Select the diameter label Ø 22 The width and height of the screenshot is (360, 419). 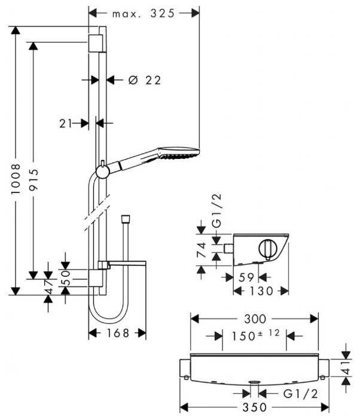pyautogui.click(x=145, y=80)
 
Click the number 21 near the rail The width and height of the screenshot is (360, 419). pyautogui.click(x=66, y=123)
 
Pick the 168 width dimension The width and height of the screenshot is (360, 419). pyautogui.click(x=117, y=334)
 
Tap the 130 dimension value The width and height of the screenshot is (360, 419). pyautogui.click(x=261, y=291)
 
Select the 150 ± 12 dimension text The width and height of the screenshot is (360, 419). pyautogui.click(x=252, y=336)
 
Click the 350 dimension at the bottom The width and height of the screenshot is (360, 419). pyautogui.click(x=254, y=408)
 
